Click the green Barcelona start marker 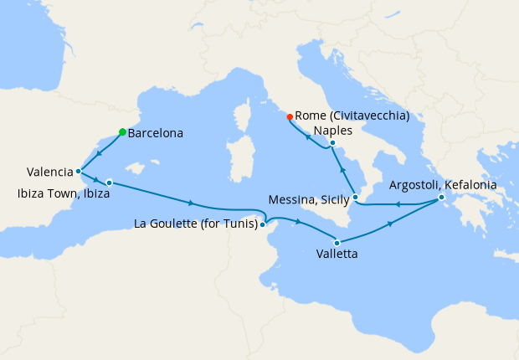(x=122, y=131)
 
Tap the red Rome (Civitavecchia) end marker (x=290, y=116)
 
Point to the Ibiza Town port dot (x=109, y=182)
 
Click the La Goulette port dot (x=263, y=224)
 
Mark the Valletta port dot (x=337, y=242)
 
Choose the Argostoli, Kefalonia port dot (x=441, y=198)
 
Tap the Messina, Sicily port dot (x=356, y=198)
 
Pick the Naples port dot (x=332, y=143)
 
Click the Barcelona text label (x=156, y=132)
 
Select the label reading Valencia (x=49, y=172)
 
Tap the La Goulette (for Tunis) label (x=195, y=224)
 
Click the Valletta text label (x=338, y=254)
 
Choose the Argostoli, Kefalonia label (x=443, y=184)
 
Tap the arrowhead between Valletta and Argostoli (x=390, y=224)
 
